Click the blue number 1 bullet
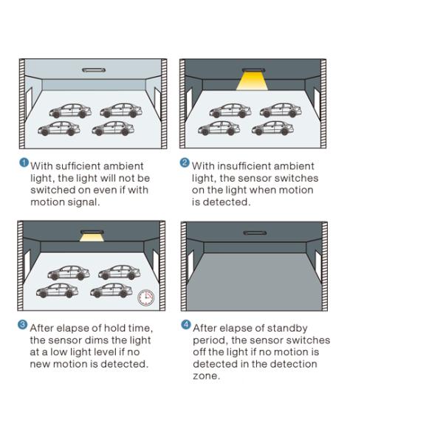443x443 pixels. (24, 162)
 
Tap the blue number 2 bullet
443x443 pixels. (185, 162)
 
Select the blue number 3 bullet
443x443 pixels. (23, 325)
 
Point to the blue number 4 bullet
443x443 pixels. (185, 325)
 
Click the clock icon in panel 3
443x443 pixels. (145, 298)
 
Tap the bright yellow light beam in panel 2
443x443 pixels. (252, 81)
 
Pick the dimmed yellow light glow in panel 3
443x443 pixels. (92, 238)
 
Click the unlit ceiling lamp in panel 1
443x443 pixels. (94, 70)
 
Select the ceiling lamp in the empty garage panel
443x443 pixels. (255, 233)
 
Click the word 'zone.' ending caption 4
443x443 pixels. (206, 376)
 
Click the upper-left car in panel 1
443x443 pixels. (70, 111)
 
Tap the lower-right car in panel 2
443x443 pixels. (272, 128)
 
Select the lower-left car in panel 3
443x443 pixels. (58, 290)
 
